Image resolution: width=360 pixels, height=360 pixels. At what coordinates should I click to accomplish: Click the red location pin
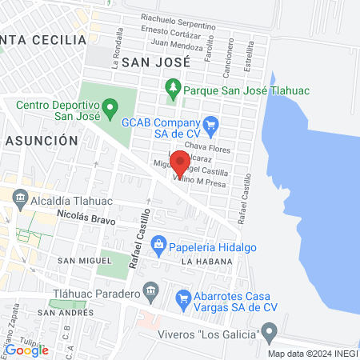(x=181, y=163)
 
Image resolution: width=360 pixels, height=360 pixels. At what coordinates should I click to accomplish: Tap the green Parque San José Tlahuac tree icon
(x=173, y=90)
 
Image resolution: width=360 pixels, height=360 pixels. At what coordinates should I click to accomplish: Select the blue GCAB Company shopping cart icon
(x=210, y=123)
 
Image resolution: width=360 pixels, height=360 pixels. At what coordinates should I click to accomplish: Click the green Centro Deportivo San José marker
(x=111, y=105)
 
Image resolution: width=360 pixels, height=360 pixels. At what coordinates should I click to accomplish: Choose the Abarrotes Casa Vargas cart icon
(x=183, y=301)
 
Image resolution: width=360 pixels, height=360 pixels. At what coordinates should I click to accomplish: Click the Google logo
(x=26, y=350)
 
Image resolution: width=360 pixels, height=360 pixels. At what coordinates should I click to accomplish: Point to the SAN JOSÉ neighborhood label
(x=157, y=61)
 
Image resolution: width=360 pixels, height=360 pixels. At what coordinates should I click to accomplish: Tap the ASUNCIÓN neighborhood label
(x=42, y=140)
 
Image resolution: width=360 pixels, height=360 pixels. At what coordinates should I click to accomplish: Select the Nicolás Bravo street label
(x=87, y=217)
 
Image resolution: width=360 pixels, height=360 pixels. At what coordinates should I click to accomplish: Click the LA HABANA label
(x=206, y=262)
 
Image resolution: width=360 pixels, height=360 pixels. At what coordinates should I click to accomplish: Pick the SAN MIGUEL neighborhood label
(x=82, y=261)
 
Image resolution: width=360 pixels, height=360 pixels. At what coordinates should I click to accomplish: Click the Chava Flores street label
(x=207, y=146)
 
